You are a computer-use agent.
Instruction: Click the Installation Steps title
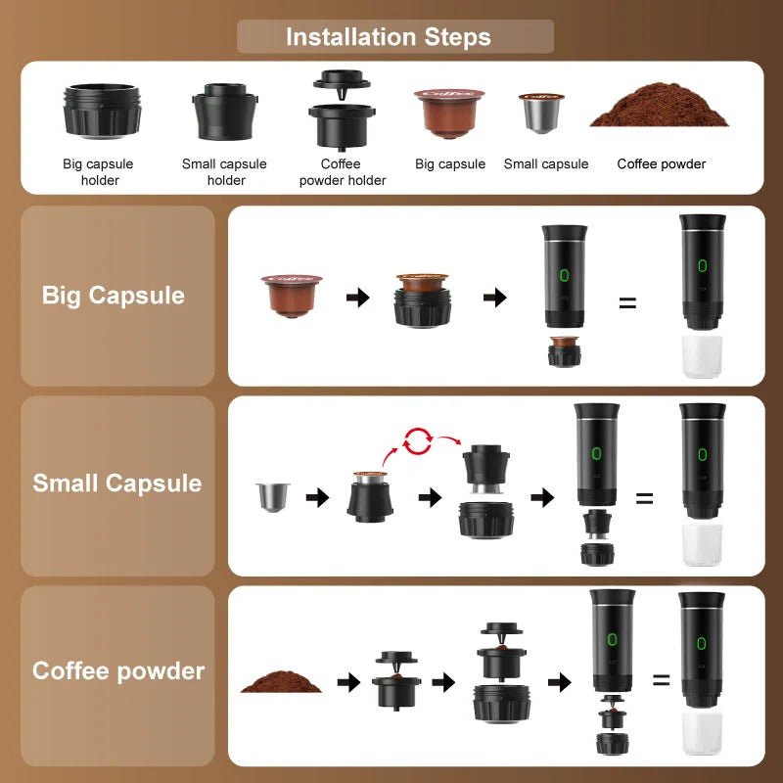click(389, 37)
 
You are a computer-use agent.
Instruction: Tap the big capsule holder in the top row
click(103, 111)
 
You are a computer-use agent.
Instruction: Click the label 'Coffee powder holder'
click(343, 172)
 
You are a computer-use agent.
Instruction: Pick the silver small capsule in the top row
click(541, 115)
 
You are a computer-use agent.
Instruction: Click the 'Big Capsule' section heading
click(114, 295)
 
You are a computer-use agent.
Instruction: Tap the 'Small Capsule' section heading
click(117, 483)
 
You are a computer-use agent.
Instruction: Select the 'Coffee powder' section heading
click(118, 671)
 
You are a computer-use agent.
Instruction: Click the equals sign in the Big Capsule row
click(627, 301)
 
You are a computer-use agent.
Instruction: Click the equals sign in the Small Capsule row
click(644, 497)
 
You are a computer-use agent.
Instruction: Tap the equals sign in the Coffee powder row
click(662, 679)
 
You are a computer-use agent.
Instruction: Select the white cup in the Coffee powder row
click(702, 734)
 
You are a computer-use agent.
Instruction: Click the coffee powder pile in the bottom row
click(281, 680)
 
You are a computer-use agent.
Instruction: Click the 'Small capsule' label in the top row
click(546, 164)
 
